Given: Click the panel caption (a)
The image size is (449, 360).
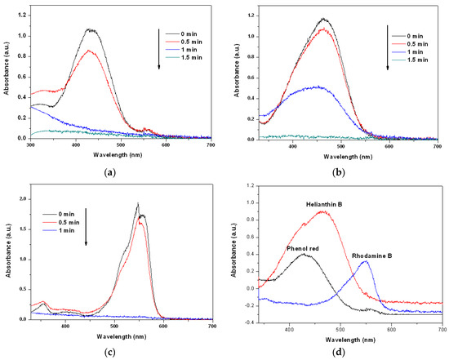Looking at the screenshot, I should pos(110,172).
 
